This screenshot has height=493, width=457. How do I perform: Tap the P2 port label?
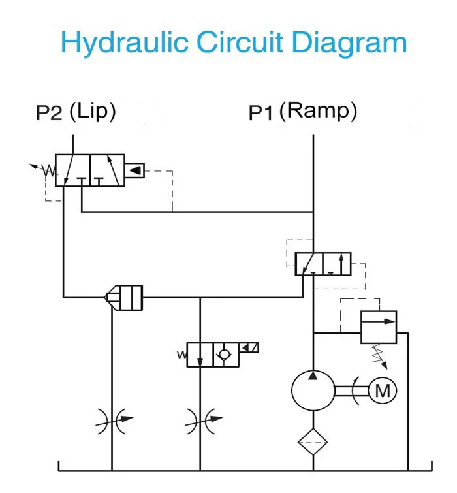click(x=49, y=114)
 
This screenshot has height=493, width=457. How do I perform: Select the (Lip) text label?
click(x=92, y=112)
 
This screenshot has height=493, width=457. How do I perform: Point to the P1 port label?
click(x=260, y=114)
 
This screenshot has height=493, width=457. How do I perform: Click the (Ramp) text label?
click(x=318, y=112)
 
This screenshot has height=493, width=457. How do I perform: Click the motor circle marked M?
click(x=383, y=390)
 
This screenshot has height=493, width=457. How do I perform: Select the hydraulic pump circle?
click(x=313, y=390)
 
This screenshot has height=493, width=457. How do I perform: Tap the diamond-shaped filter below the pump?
click(x=313, y=441)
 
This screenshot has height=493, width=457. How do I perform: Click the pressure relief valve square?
click(x=379, y=326)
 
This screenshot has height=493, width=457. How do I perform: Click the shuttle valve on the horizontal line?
click(x=124, y=297)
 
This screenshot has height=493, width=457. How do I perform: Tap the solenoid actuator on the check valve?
click(x=250, y=347)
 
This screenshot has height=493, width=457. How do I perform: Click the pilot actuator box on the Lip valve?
click(x=134, y=171)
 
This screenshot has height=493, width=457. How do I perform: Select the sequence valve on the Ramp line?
click(x=323, y=264)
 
